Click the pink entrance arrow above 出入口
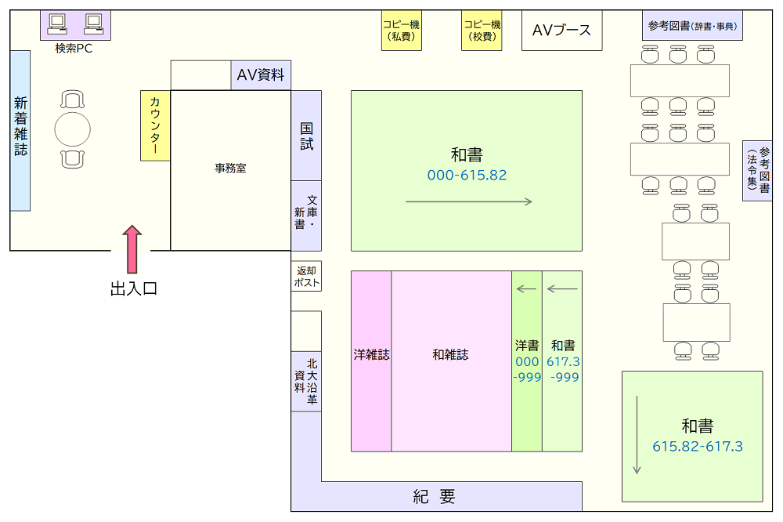pyautogui.click(x=132, y=249)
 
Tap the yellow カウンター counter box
pyautogui.click(x=155, y=125)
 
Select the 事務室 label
pyautogui.click(x=231, y=169)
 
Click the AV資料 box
pyautogui.click(x=261, y=75)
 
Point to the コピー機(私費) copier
pyautogui.click(x=402, y=30)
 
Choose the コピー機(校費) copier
pyautogui.click(x=482, y=30)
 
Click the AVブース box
pyautogui.click(x=561, y=30)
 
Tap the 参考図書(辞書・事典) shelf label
pyautogui.click(x=693, y=26)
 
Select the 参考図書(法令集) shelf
pyautogui.click(x=757, y=171)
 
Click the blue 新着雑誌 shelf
pyautogui.click(x=20, y=130)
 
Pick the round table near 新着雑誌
pyautogui.click(x=72, y=129)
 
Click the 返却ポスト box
pyautogui.click(x=306, y=276)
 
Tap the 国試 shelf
pyautogui.click(x=306, y=136)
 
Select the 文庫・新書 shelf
pyautogui.click(x=306, y=216)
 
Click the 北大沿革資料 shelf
pyautogui.click(x=306, y=381)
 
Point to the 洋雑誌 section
pyautogui.click(x=371, y=361)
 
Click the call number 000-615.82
pyautogui.click(x=467, y=175)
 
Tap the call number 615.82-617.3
pyautogui.click(x=698, y=446)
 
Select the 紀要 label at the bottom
pyautogui.click(x=434, y=496)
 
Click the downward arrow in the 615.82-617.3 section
pyautogui.click(x=637, y=435)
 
